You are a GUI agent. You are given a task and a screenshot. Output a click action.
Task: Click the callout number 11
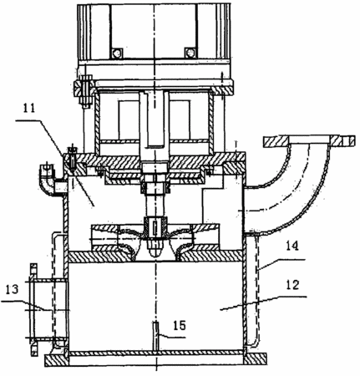click(29, 109)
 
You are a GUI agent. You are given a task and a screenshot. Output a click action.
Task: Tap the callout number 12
click(292, 285)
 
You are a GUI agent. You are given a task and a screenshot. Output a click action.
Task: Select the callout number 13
click(12, 289)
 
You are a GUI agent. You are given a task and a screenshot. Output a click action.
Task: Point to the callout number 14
click(292, 246)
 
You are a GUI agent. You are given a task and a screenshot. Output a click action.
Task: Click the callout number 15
click(180, 325)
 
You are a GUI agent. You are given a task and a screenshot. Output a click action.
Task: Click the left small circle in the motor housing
click(117, 53)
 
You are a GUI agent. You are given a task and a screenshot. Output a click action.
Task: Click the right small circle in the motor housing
click(190, 53)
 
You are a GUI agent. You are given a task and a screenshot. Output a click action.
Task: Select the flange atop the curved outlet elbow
click(309, 141)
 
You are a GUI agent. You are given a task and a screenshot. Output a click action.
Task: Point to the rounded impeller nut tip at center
click(156, 251)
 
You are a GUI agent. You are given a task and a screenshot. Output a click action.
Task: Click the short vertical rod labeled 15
click(156, 336)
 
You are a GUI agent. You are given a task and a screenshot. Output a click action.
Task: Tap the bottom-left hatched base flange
click(56, 360)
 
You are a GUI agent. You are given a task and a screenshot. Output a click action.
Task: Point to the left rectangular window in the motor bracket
click(129, 119)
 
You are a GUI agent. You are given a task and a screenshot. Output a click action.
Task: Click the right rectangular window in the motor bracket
click(180, 119)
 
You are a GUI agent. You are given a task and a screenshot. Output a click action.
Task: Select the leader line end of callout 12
click(220, 308)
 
